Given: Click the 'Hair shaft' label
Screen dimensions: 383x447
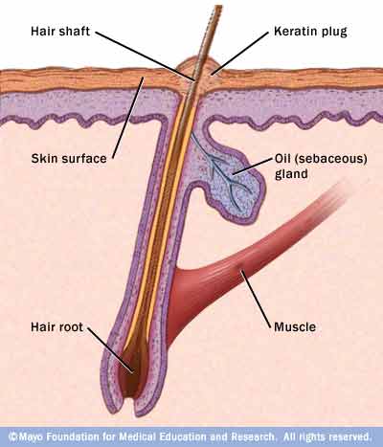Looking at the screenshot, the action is point(60,32).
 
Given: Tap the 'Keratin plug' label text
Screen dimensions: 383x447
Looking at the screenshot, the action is point(310,32).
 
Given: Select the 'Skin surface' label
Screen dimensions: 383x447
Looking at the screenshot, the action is point(69,158).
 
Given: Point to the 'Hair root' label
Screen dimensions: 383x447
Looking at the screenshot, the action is point(56,326).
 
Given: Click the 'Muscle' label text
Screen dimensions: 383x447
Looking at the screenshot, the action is point(295,326).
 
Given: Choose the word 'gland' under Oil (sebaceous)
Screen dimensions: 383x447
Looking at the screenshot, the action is point(291,174).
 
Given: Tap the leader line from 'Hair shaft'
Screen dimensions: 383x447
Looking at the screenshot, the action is point(145,56).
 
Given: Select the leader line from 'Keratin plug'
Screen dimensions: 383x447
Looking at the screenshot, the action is point(239,54).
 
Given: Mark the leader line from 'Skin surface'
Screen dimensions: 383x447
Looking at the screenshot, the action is point(127,118).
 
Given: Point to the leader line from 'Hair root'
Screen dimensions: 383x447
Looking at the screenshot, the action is point(110,350).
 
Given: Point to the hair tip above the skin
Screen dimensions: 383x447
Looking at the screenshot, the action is point(218,7).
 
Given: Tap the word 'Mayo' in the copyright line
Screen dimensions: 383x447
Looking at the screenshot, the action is point(31,436).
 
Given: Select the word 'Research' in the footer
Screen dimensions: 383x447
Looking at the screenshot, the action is point(253,436).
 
